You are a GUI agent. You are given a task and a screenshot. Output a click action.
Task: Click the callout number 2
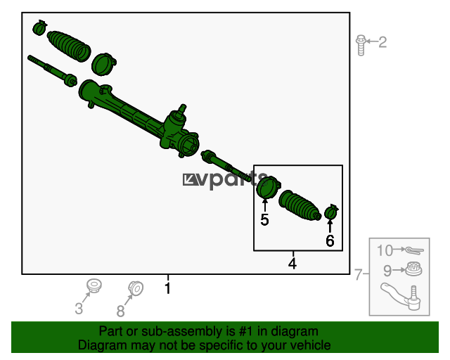tap(382, 42)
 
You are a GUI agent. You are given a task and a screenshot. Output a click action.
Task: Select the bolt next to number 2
tap(361, 45)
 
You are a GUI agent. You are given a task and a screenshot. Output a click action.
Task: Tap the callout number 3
tap(79, 309)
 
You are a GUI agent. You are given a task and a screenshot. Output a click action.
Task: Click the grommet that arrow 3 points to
tap(94, 285)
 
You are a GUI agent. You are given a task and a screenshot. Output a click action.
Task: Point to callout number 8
tap(120, 311)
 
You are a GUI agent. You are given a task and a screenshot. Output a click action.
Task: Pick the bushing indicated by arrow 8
tap(136, 288)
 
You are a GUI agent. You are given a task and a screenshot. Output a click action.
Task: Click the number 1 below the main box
tap(168, 288)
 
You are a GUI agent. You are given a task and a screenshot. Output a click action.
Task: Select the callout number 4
tap(292, 263)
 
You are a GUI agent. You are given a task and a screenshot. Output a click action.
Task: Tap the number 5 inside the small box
tap(264, 219)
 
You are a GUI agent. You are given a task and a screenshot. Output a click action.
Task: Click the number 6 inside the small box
tap(330, 240)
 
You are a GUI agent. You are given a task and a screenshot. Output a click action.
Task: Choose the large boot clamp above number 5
tap(268, 187)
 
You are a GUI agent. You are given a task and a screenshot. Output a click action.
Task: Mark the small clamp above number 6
tap(331, 212)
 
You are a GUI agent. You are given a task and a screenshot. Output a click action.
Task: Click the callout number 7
tap(359, 274)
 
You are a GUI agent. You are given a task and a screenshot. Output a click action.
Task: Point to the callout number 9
tap(387, 271)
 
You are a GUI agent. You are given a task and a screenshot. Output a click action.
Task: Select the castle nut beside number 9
tap(413, 269)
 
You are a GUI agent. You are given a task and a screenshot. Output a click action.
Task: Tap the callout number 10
tap(385, 250)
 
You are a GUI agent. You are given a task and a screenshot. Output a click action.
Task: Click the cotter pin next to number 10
tap(414, 250)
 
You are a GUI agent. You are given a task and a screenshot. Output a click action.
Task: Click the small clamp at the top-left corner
tap(39, 27)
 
